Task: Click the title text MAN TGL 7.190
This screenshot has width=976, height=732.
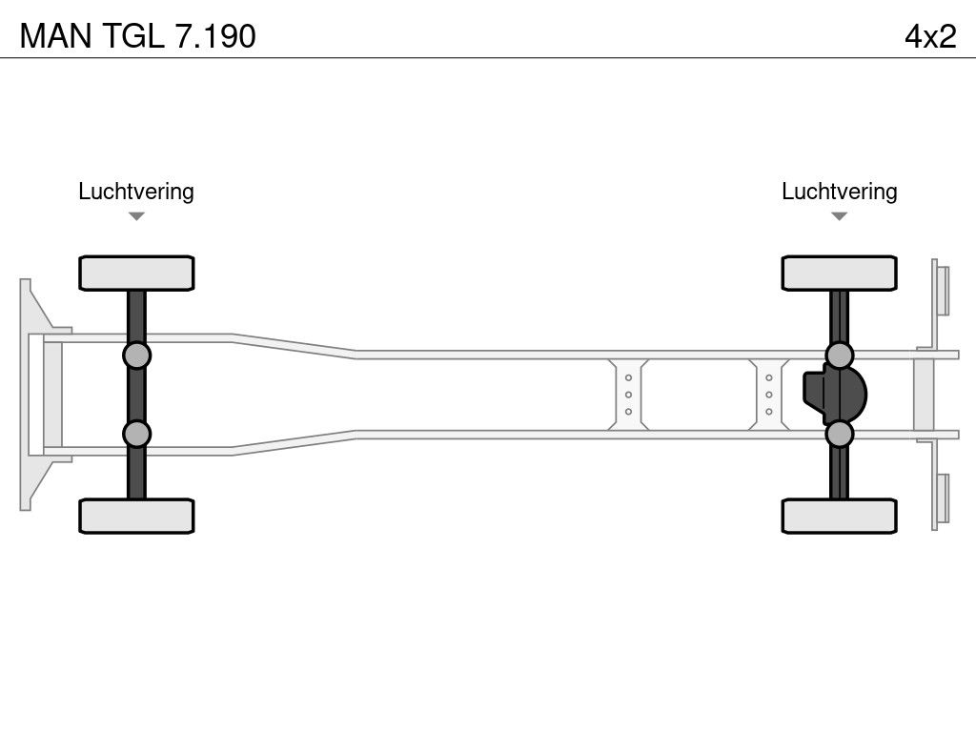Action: coord(137,36)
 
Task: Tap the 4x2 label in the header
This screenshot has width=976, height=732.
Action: coord(930,36)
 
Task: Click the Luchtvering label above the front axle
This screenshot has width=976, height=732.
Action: coord(136,192)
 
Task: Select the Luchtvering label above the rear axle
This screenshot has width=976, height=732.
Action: coord(839,192)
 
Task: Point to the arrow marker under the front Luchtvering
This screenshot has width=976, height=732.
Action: coord(136,216)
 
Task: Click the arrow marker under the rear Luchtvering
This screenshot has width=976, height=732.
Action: coord(839,216)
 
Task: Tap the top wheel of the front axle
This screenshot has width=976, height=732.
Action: coord(136,273)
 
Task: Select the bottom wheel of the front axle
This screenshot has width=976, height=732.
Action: coord(136,516)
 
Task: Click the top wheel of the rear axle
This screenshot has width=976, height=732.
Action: coord(839,273)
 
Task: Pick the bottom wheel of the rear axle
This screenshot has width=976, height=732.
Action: coord(839,516)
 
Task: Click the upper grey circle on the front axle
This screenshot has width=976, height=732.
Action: coord(136,356)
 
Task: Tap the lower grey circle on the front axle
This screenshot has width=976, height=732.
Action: coord(136,434)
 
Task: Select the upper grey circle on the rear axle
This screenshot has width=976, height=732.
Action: coord(839,356)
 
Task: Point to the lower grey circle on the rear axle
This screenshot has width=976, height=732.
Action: coord(839,434)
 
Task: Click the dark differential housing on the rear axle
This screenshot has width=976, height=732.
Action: coord(835,395)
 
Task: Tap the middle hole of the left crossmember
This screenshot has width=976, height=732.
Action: coord(628,395)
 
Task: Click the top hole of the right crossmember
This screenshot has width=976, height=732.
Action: coord(769,377)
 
